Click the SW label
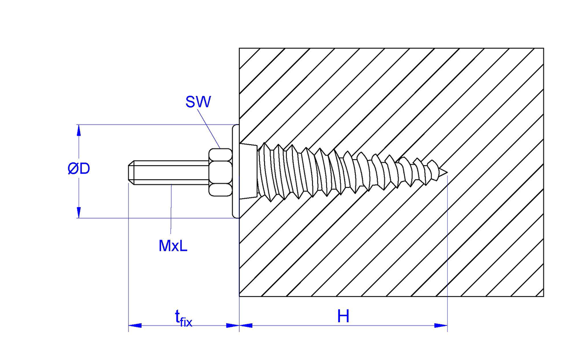point(198,102)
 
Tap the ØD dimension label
point(79,169)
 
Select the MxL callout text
point(173,246)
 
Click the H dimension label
point(343,316)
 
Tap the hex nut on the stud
point(220,172)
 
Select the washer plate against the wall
point(236,171)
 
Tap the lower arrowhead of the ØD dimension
point(78,212)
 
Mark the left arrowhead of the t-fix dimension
point(135,325)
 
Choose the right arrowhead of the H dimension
point(441,325)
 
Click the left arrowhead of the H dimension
point(246,325)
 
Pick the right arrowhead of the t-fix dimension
point(232,325)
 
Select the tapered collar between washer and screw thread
point(248,171)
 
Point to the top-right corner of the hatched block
point(543,49)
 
